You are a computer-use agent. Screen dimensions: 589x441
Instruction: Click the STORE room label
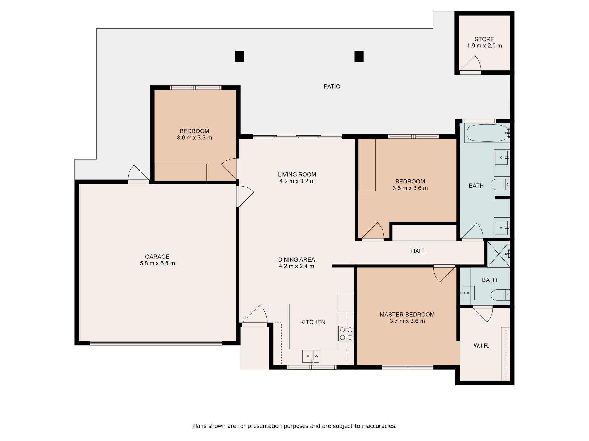click(x=484, y=39)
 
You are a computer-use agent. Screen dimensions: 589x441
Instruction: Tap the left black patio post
click(x=239, y=57)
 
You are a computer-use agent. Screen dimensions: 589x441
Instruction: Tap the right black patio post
click(x=359, y=57)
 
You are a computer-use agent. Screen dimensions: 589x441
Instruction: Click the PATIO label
click(x=332, y=86)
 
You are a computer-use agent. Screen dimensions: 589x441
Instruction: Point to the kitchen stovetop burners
click(x=346, y=334)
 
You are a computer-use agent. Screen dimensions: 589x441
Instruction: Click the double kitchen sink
click(x=311, y=356)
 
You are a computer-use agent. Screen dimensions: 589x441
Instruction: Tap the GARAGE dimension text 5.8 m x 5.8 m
click(x=157, y=263)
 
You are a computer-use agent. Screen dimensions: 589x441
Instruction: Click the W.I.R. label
click(x=481, y=346)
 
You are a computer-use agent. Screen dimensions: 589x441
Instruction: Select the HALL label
click(x=418, y=251)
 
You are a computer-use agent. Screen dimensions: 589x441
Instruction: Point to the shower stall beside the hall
click(x=499, y=254)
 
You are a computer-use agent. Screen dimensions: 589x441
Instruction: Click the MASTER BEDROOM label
click(x=407, y=315)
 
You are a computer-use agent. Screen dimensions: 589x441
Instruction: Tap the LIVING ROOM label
click(x=297, y=175)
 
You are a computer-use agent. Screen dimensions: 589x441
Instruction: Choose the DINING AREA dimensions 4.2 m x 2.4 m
click(x=296, y=266)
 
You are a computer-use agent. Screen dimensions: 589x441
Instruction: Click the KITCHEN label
click(x=313, y=322)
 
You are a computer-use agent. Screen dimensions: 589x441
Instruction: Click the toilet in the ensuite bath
click(x=500, y=295)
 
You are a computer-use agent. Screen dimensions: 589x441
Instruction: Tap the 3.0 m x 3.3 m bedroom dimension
click(x=194, y=138)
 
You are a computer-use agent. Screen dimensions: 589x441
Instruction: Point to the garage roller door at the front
click(x=156, y=343)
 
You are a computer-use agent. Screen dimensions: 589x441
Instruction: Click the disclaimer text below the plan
click(x=294, y=426)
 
